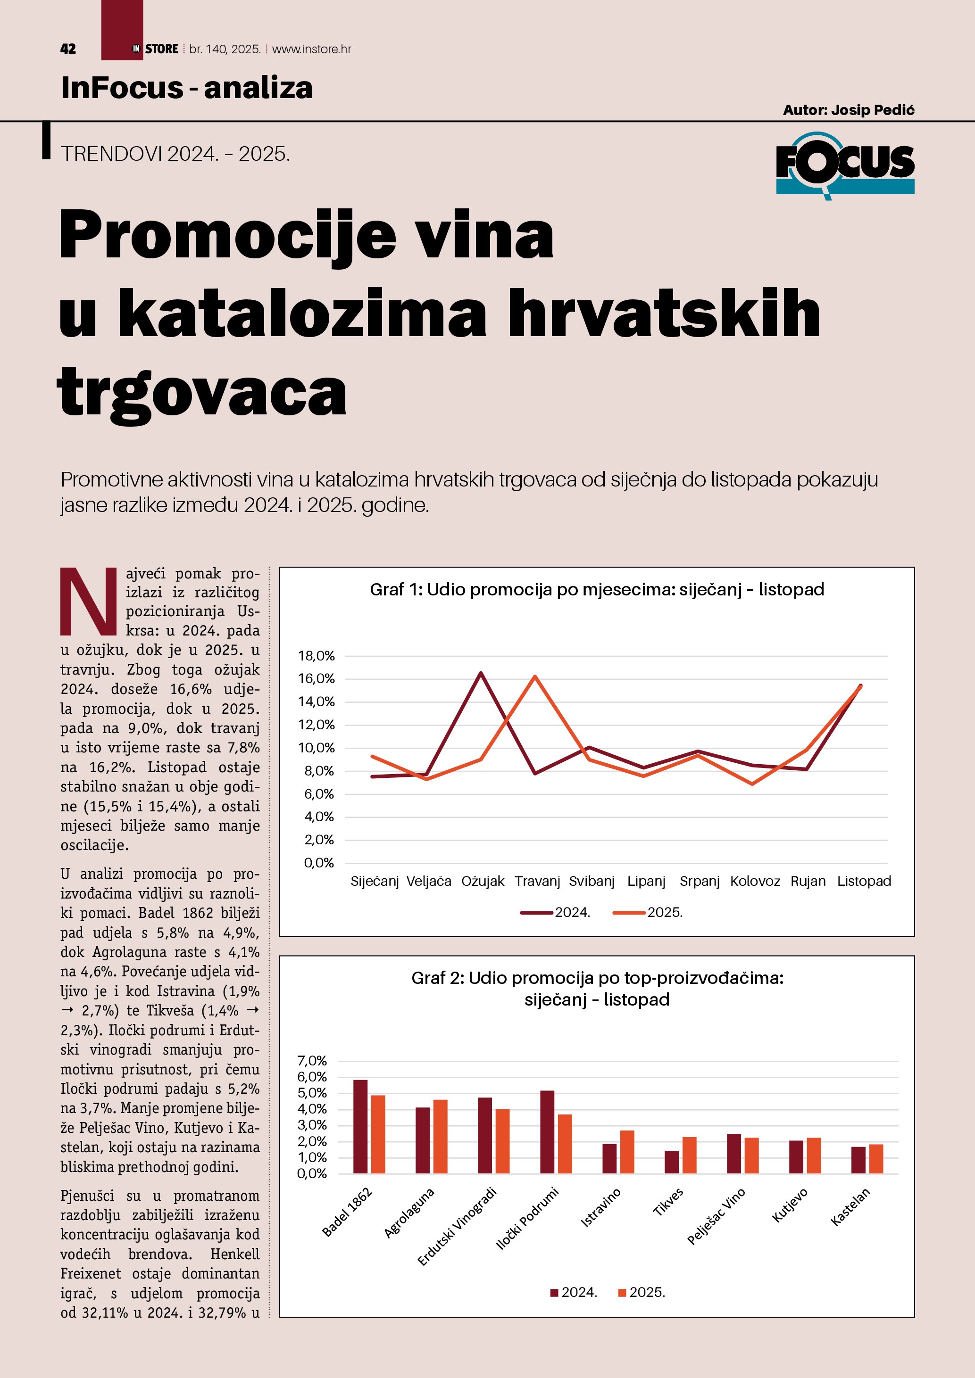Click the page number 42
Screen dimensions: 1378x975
[68, 49]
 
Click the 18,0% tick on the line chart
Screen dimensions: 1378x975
[317, 656]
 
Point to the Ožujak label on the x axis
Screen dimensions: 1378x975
[483, 881]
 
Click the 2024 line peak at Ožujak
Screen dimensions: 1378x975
[481, 673]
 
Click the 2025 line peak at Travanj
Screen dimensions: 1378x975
[535, 677]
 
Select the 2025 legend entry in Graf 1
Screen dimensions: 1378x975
[649, 912]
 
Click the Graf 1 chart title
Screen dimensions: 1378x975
[597, 589]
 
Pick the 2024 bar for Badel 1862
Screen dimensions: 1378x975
[360, 1127]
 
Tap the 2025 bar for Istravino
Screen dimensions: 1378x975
[627, 1152]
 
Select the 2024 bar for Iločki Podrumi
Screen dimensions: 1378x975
[547, 1132]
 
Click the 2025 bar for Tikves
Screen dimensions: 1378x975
[689, 1155]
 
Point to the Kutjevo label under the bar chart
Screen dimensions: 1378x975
[790, 1206]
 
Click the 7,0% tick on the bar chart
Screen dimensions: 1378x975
[312, 1061]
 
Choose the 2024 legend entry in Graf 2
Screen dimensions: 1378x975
[574, 1292]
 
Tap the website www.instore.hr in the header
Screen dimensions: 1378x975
[312, 49]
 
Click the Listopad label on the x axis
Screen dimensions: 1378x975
[864, 881]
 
